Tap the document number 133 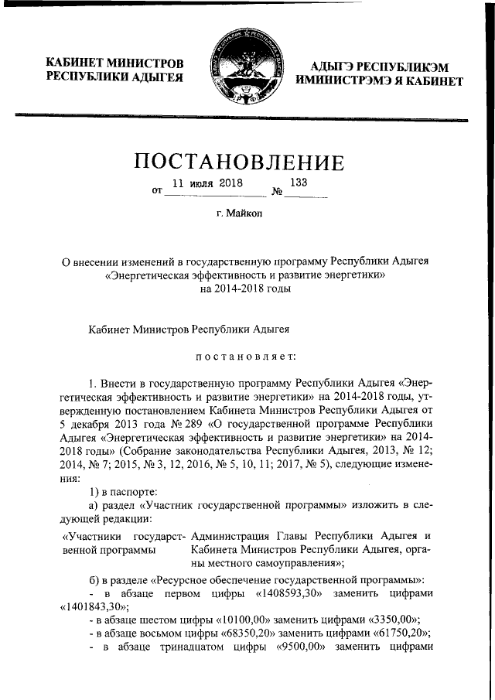(299, 183)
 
